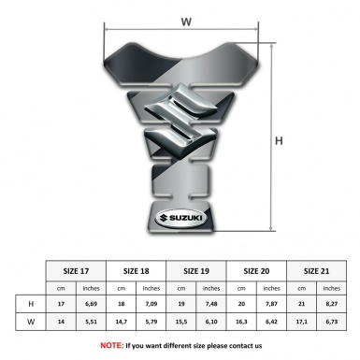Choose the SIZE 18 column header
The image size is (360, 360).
click(x=137, y=270)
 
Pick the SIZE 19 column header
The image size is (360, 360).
click(x=196, y=270)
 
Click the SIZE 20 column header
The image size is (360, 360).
click(x=256, y=270)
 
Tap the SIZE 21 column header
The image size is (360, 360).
click(x=316, y=270)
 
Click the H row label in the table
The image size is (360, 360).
click(x=32, y=304)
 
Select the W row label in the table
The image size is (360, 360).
click(x=32, y=321)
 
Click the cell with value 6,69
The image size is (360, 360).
click(x=92, y=304)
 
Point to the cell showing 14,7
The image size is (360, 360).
click(x=122, y=321)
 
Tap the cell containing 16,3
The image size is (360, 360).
click(x=241, y=321)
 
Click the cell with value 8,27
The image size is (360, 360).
click(x=331, y=304)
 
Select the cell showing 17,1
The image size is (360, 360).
click(x=301, y=321)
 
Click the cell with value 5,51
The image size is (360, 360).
click(x=92, y=321)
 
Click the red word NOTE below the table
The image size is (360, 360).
click(x=110, y=345)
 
